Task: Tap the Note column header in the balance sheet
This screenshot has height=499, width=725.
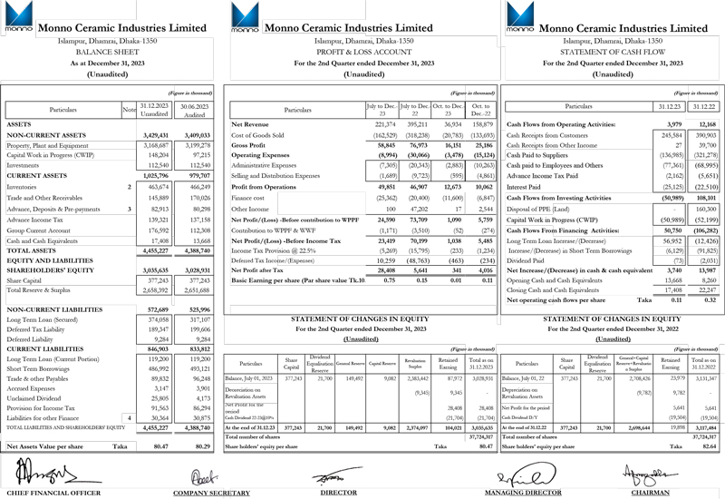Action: pyautogui.click(x=129, y=109)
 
